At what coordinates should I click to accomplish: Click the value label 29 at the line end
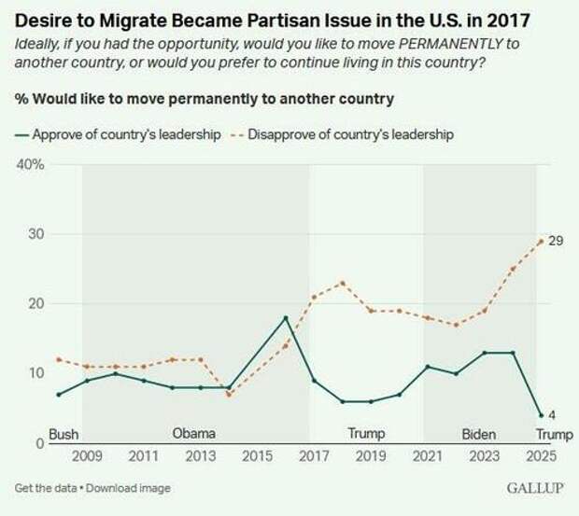coord(554,241)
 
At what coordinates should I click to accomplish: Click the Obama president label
coord(194,433)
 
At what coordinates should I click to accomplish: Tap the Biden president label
coord(480,433)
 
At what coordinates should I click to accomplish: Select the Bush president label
coord(64,433)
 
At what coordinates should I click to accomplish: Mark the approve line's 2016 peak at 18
coord(286,317)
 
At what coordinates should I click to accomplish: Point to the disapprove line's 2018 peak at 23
coord(343,283)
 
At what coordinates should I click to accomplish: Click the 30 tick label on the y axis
coord(35,234)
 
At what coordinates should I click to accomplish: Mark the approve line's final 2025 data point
coord(541,415)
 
